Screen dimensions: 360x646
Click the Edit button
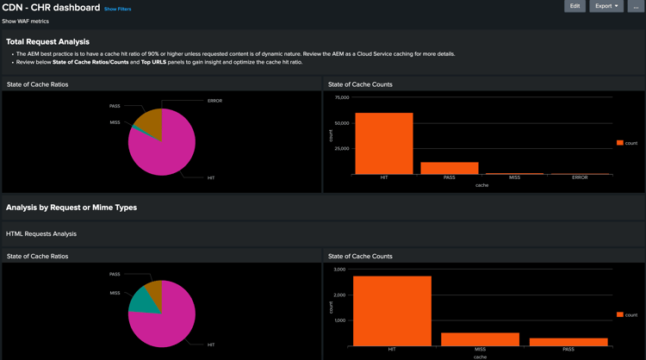tap(575, 6)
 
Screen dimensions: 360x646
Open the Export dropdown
tap(606, 6)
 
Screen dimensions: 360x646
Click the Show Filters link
tap(118, 9)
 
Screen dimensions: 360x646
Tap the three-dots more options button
tap(636, 6)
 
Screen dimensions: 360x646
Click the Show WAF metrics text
tap(26, 22)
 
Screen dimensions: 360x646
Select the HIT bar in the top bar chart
tap(384, 144)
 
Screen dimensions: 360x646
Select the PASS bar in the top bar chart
tap(450, 168)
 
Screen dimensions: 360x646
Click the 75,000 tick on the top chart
tap(341, 97)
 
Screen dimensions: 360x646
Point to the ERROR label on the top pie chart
tap(214, 101)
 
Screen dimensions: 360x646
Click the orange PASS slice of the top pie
tap(150, 121)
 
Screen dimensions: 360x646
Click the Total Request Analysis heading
tap(47, 41)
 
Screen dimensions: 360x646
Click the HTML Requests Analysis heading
tap(41, 233)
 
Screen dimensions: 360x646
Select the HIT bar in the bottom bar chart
tap(392, 310)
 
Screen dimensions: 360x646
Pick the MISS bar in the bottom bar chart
tap(480, 339)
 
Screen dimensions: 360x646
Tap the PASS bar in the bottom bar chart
tap(568, 342)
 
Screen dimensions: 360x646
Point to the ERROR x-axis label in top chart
tap(580, 177)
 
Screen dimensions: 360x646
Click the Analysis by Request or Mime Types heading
tap(71, 208)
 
